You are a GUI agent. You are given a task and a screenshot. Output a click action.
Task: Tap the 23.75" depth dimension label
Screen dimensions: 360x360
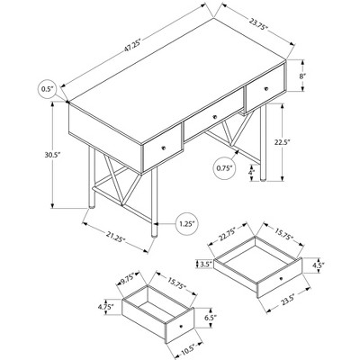click(x=258, y=24)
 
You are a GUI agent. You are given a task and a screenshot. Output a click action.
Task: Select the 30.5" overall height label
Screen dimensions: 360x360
click(x=53, y=155)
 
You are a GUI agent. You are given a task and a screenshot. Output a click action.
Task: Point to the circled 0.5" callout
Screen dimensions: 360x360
click(x=47, y=88)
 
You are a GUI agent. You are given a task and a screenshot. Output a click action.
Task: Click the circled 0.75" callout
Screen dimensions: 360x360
click(x=225, y=168)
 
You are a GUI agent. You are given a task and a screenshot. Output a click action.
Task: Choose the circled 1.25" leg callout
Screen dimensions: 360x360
click(x=186, y=223)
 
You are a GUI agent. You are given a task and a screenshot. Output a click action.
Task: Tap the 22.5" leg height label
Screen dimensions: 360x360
click(x=283, y=142)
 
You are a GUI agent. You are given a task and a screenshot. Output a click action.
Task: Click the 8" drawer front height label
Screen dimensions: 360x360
click(x=302, y=76)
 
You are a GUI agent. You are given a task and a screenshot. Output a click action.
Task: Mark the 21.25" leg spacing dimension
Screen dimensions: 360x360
click(x=115, y=237)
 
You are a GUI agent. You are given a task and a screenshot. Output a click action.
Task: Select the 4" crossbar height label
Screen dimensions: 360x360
click(x=251, y=173)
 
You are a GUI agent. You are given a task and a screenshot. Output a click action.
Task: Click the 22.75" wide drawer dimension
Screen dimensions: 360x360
click(x=227, y=234)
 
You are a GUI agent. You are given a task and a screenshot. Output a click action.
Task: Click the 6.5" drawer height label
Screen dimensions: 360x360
click(x=211, y=317)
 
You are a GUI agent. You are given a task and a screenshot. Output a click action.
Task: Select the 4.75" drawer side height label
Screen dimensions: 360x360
click(x=105, y=307)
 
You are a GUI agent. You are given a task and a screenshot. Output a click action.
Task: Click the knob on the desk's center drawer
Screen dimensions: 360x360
click(x=214, y=117)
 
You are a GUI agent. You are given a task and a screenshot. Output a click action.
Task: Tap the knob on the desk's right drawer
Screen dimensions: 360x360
click(x=265, y=88)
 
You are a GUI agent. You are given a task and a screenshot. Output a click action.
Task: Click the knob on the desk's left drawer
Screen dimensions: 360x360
click(x=164, y=148)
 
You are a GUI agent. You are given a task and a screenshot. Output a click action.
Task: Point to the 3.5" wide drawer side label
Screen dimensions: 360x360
click(x=206, y=264)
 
